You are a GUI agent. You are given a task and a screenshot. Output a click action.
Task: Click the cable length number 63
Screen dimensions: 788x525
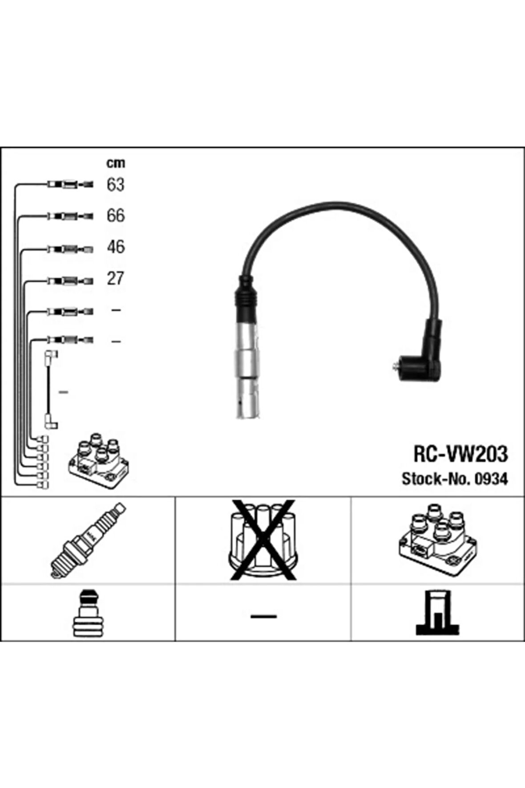[115, 185]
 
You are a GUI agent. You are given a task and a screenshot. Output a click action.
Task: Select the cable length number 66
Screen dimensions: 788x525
[115, 216]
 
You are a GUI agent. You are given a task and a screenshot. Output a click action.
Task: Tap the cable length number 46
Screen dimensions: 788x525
[115, 247]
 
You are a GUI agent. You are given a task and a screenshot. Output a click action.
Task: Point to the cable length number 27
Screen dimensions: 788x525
[115, 279]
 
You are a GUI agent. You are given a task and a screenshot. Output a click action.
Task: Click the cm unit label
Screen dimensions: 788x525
[115, 163]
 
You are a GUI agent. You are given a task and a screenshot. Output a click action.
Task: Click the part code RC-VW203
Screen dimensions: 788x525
[460, 455]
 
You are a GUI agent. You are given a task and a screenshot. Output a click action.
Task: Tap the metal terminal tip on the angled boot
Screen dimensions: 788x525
[395, 367]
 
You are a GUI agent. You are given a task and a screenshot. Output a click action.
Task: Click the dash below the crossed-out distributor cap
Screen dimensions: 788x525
[263, 616]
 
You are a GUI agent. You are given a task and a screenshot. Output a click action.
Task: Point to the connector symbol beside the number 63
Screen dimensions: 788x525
[70, 184]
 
